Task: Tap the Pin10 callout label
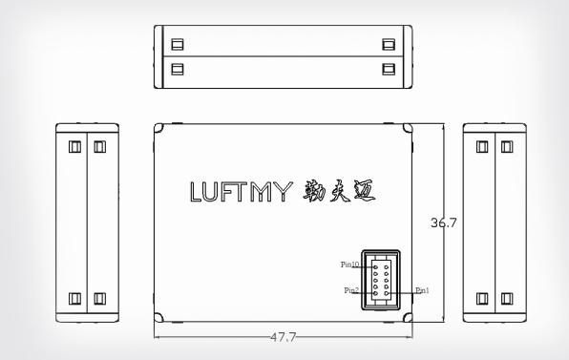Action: coord(348,265)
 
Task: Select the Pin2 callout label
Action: coord(351,290)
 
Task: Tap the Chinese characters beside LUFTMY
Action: coord(339,191)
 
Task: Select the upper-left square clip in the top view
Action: coord(177,44)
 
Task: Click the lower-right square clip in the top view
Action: coord(387,68)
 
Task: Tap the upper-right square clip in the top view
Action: coord(387,44)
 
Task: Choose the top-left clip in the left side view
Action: coord(74,147)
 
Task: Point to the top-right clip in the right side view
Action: coord(506,147)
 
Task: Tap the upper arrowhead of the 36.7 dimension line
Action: coord(445,126)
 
